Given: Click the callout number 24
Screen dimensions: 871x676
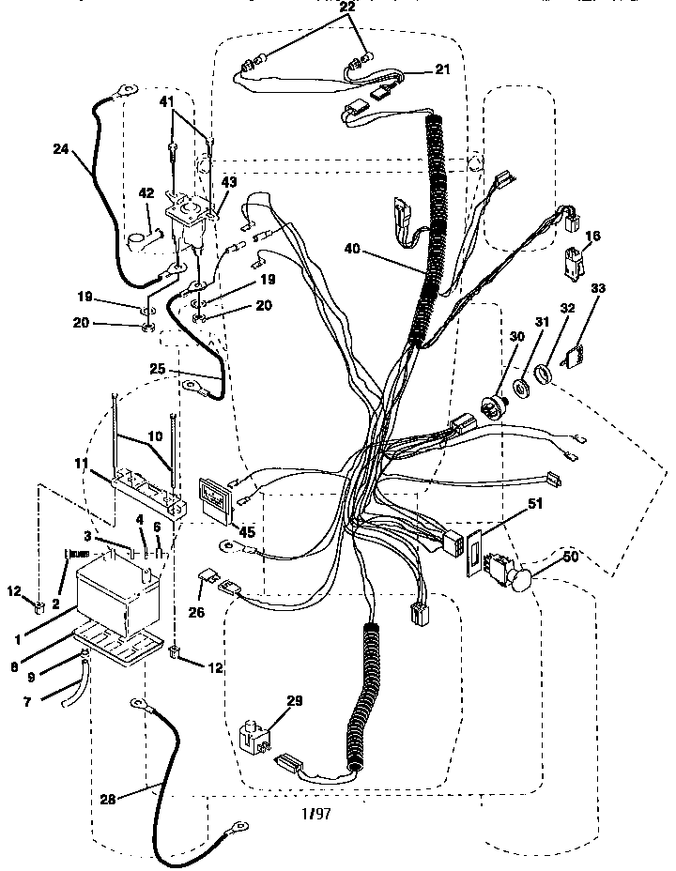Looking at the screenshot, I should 60,148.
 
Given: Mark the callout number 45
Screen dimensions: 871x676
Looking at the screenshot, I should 247,532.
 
